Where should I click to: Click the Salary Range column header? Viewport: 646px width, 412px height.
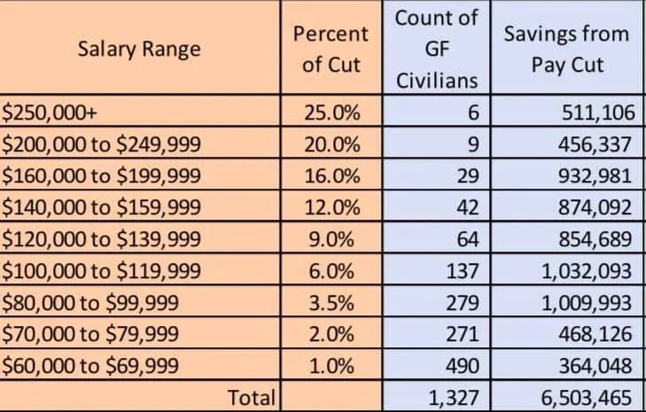139,48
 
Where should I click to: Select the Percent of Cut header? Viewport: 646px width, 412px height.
331,49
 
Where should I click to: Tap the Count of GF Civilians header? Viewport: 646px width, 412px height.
436,49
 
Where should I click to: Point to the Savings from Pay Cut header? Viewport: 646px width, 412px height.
565,49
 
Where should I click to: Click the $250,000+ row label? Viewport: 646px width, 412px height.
43,113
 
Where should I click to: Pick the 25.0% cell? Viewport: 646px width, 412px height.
331,113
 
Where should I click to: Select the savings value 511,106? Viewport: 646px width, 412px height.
596,113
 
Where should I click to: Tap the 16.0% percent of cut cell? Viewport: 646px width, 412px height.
331,175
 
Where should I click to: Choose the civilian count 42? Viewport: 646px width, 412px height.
467,207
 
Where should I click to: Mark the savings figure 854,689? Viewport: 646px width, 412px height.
596,239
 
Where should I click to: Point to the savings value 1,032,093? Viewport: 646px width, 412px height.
586,270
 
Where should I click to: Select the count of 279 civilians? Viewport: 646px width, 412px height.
462,302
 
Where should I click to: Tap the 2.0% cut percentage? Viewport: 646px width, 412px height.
331,334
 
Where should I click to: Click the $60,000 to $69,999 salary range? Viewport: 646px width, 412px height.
90,365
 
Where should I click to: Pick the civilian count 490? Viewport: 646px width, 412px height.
462,365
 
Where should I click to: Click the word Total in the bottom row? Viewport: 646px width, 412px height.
252,398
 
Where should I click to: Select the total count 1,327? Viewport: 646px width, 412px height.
454,398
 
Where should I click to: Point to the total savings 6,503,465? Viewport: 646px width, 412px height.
586,398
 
